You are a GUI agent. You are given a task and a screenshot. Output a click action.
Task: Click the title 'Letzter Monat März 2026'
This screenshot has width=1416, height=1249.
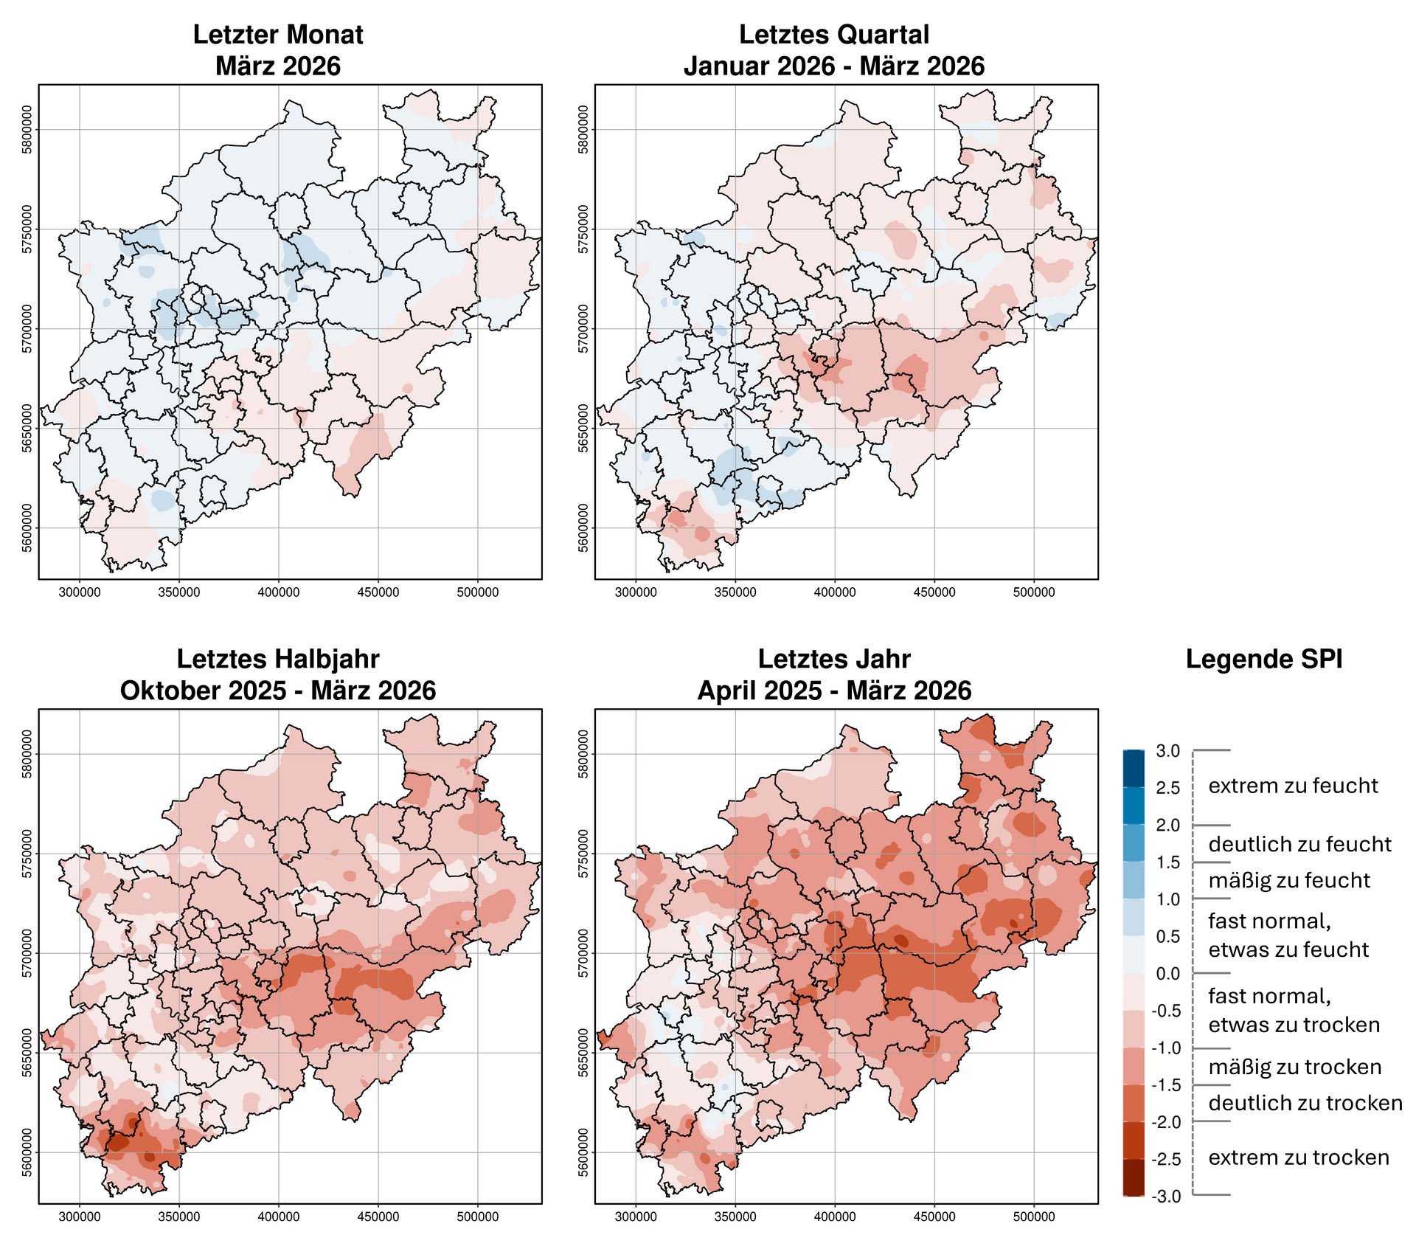click(x=278, y=50)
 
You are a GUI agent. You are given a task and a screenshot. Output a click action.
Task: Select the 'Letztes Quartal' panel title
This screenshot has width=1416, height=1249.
click(x=834, y=35)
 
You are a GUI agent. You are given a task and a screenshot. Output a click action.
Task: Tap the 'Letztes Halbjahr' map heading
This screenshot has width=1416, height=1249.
click(x=278, y=659)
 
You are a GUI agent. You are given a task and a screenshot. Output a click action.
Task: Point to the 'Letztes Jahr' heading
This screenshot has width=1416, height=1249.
click(x=834, y=659)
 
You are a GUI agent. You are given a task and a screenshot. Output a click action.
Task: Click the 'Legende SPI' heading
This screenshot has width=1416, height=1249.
click(x=1264, y=660)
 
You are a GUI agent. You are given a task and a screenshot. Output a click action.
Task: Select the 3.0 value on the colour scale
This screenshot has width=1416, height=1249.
click(x=1167, y=751)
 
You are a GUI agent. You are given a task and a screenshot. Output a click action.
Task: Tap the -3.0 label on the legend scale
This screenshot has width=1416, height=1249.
click(x=1165, y=1196)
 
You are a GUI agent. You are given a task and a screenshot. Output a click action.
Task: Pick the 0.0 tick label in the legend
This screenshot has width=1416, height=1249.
click(x=1167, y=974)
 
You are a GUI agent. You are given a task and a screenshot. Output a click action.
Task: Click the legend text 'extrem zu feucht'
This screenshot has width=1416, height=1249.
click(x=1293, y=786)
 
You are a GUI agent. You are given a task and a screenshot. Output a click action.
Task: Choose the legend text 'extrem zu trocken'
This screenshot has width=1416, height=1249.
click(x=1299, y=1158)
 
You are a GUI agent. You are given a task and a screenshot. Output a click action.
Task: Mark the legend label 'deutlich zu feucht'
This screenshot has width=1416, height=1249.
click(x=1299, y=844)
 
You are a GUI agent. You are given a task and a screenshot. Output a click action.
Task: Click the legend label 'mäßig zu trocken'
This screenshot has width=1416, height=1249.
click(x=1294, y=1067)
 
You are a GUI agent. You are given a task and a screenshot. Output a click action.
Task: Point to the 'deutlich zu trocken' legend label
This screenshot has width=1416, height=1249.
click(x=1305, y=1103)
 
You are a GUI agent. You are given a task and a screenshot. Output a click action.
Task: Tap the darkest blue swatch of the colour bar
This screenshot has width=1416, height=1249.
click(x=1134, y=769)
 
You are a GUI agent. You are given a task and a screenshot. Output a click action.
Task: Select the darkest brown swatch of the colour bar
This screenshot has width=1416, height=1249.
click(x=1134, y=1177)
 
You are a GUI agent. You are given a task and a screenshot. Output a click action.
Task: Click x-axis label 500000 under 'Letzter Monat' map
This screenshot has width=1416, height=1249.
click(x=477, y=592)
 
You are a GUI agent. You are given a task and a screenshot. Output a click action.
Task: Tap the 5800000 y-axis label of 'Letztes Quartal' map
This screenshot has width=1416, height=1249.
click(x=583, y=130)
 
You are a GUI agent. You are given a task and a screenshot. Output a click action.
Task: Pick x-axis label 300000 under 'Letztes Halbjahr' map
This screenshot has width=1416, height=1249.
click(x=80, y=1217)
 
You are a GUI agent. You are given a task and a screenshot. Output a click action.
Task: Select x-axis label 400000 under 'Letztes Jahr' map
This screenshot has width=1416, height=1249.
click(x=834, y=1217)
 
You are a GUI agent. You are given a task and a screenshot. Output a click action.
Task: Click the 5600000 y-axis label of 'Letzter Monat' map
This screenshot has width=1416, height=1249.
click(x=27, y=527)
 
